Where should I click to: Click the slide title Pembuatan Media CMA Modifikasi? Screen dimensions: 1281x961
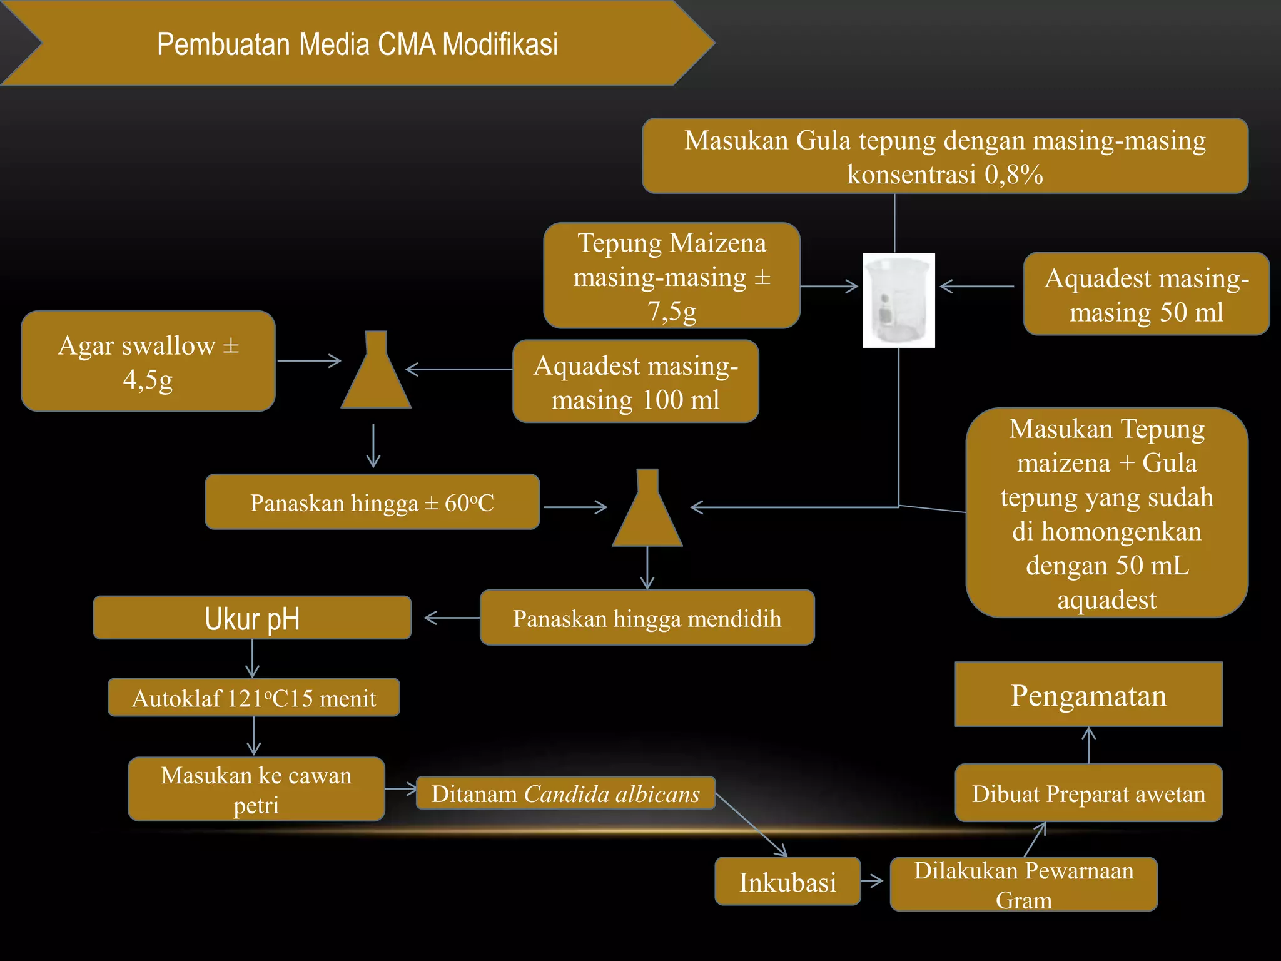click(x=357, y=44)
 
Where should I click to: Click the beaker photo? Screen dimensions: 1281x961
click(x=898, y=300)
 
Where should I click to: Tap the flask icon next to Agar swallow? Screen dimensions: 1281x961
click(x=376, y=370)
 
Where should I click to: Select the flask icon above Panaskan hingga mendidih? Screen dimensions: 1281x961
click(x=647, y=507)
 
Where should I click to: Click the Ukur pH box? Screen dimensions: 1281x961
click(x=252, y=618)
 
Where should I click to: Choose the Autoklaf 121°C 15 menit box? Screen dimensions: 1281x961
click(x=254, y=697)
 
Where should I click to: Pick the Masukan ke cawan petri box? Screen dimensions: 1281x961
click(x=256, y=789)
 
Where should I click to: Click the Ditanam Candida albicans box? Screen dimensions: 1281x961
click(x=565, y=793)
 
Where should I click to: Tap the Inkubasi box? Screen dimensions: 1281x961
click(x=787, y=881)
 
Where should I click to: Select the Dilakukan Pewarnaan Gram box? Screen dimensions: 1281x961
click(x=1024, y=884)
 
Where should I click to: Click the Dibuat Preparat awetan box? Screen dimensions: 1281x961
click(x=1088, y=793)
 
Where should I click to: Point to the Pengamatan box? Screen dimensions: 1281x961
click(x=1088, y=694)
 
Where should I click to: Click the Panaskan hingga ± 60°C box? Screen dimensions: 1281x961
click(x=372, y=502)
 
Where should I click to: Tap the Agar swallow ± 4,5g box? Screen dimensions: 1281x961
click(x=148, y=361)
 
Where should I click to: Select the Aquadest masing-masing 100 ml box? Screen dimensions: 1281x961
click(x=635, y=381)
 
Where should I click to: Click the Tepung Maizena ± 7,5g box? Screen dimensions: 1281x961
click(x=672, y=275)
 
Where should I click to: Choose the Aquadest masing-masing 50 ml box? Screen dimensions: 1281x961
click(x=1147, y=294)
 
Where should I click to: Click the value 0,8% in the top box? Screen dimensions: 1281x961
click(x=1014, y=175)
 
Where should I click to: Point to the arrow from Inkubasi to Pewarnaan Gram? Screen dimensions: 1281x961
click(x=872, y=881)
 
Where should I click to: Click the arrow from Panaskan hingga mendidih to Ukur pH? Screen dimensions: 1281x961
click(x=452, y=618)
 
